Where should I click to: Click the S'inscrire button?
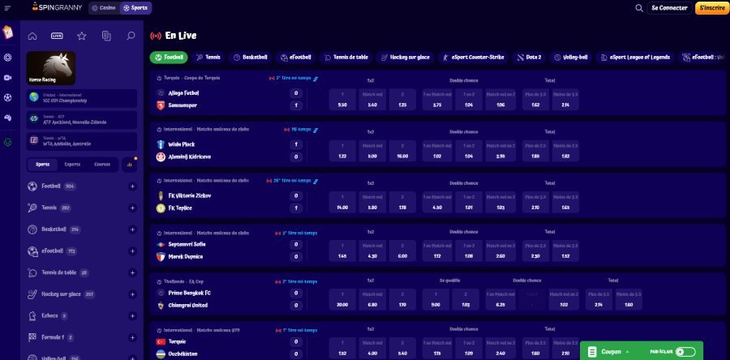tap(711, 8)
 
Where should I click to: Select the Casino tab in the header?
tap(103, 8)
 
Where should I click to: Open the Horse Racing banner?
tap(51, 68)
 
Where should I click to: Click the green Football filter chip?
tap(169, 58)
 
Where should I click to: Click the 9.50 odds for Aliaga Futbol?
tap(342, 105)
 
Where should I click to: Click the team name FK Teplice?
tap(182, 208)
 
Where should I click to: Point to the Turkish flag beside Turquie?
tap(161, 343)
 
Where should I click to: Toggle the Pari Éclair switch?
tap(685, 352)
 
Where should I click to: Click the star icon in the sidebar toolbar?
tap(81, 36)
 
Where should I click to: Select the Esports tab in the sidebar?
tap(72, 164)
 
